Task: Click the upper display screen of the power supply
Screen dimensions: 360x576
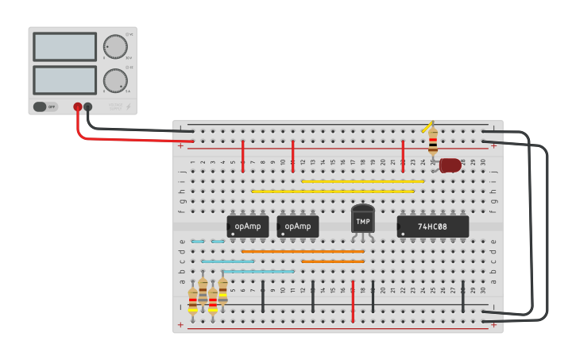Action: (64, 47)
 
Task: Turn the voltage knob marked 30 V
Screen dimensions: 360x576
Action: (115, 47)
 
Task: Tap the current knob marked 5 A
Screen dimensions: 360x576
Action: (115, 80)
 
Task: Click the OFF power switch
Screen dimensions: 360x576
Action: (46, 106)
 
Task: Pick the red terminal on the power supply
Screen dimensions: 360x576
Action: (78, 106)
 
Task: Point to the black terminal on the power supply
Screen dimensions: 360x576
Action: (87, 106)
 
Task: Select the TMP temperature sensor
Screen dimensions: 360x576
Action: (362, 219)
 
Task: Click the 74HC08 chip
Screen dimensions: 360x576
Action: (432, 226)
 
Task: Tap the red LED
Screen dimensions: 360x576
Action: (449, 165)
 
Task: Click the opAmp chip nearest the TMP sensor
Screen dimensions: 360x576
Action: (298, 226)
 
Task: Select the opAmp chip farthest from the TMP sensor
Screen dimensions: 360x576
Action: (248, 226)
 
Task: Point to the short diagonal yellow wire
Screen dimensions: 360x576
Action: (427, 127)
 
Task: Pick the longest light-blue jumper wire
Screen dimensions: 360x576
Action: (258, 271)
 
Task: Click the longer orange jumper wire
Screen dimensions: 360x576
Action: (303, 251)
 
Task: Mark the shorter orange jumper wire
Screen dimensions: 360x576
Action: (332, 261)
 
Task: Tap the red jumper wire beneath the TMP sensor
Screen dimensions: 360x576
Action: (353, 301)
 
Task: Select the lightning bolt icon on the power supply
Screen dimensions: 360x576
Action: (129, 106)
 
